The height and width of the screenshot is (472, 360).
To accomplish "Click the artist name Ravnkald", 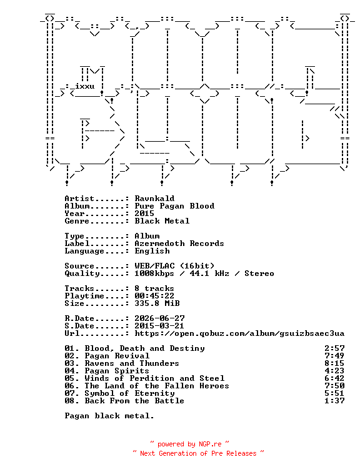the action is pos(154,199).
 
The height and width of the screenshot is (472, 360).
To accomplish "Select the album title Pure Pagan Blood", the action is pos(174,206).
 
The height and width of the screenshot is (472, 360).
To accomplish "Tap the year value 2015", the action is pos(144,214).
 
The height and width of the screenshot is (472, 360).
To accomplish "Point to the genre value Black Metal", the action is pos(162,221).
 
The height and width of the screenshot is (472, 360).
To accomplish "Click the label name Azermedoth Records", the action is pos(179,243).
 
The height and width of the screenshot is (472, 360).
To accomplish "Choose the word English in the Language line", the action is pos(152,251).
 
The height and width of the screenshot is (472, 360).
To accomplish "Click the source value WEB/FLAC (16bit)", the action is pos(174,266).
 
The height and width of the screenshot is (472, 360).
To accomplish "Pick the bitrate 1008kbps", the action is pos(154,273).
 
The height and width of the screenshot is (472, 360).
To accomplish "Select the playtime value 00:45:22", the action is pos(154,296).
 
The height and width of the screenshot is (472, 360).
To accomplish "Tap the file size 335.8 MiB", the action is pos(157,303).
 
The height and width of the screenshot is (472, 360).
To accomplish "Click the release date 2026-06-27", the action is pos(159,318).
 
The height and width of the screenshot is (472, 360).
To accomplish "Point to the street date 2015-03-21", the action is pos(159,326).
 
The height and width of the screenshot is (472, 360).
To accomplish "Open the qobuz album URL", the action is pos(239,333).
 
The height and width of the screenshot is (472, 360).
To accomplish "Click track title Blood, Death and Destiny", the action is pos(144,348).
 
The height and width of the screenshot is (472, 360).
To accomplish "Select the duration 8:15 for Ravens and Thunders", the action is pos(334,363).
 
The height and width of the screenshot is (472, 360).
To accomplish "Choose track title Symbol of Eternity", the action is pos(129,393).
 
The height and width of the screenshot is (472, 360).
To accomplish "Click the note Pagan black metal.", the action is pos(109,416).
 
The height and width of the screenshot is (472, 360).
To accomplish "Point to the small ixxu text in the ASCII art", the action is pos(84,86).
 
